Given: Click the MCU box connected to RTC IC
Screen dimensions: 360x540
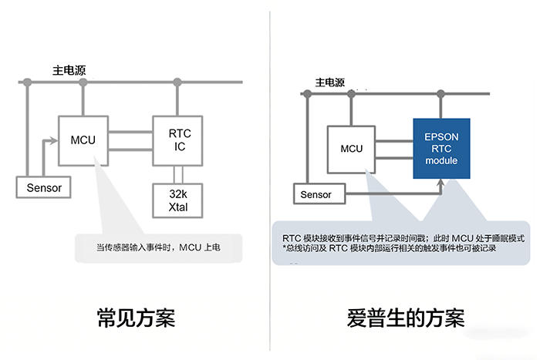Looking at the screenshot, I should coord(83,140).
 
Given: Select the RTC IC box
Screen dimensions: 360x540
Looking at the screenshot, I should coord(179,140).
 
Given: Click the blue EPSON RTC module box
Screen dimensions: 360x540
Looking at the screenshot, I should coord(441,148).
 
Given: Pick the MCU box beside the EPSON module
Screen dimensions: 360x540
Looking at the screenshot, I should coord(352,148).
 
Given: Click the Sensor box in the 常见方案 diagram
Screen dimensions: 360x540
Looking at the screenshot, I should coord(44,187).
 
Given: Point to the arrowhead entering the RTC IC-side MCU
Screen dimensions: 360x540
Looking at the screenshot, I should coord(55,140).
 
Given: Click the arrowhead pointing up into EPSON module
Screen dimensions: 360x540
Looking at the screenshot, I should coord(440,183).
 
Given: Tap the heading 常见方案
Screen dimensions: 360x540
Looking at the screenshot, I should coord(135,317).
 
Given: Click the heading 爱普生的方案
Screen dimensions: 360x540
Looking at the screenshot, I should coord(405,317).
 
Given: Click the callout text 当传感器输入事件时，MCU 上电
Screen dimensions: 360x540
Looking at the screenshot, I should coord(158,247).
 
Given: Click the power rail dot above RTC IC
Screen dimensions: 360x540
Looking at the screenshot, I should coord(179,81).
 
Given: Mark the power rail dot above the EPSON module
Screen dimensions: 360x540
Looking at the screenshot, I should coord(441,93).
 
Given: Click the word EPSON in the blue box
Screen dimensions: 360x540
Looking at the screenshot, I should coord(441,136).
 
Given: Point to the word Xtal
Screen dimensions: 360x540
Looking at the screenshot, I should coord(179,208).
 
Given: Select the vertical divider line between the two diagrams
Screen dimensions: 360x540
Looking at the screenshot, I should coord(270,177).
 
